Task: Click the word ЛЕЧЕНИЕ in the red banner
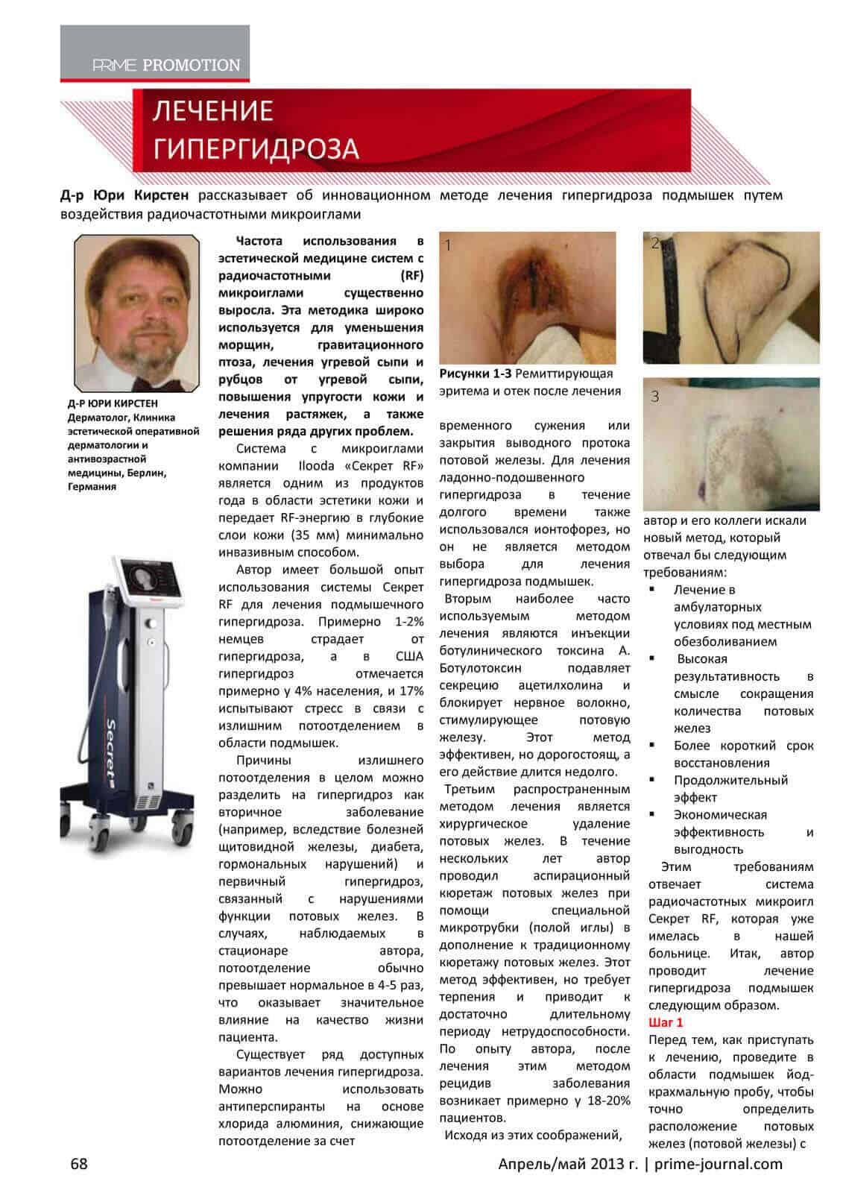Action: pyautogui.click(x=213, y=112)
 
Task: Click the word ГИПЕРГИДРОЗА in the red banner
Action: pyautogui.click(x=256, y=149)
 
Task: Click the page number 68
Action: pyautogui.click(x=79, y=1163)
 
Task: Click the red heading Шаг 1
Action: pyautogui.click(x=666, y=1022)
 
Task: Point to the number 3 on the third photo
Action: pyautogui.click(x=655, y=397)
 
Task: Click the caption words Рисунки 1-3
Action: pyautogui.click(x=475, y=374)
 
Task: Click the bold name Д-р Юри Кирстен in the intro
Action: pyautogui.click(x=124, y=195)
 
